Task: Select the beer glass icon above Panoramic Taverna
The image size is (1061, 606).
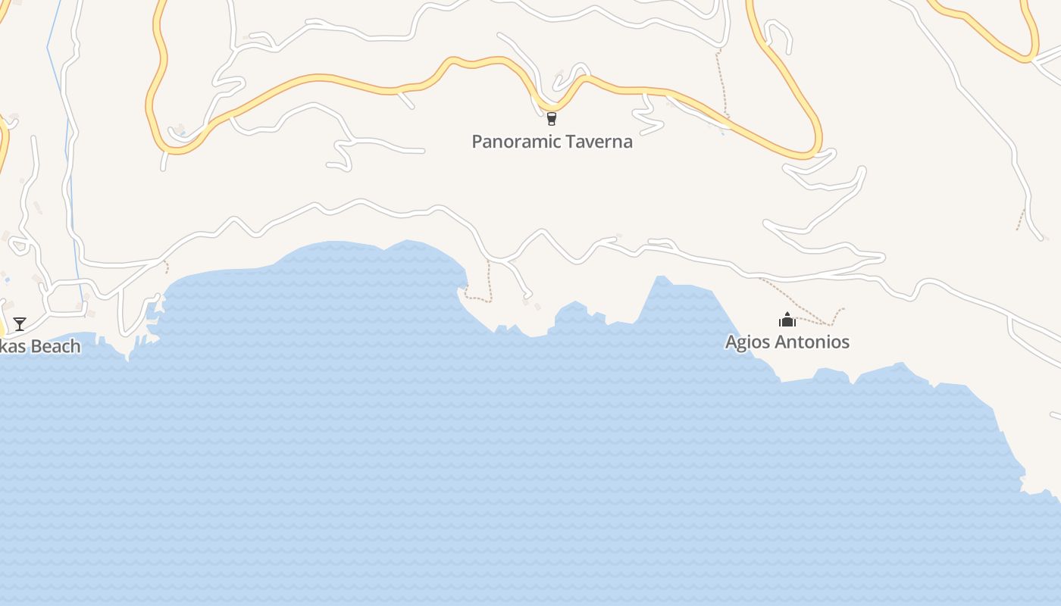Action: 551,118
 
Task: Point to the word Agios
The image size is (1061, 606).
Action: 749,342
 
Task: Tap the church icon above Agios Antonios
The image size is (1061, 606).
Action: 787,320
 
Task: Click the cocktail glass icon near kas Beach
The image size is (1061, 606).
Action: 20,324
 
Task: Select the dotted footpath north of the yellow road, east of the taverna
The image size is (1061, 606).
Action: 722,83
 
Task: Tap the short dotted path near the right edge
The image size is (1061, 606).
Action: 1021,220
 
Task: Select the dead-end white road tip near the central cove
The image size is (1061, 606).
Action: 529,295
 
